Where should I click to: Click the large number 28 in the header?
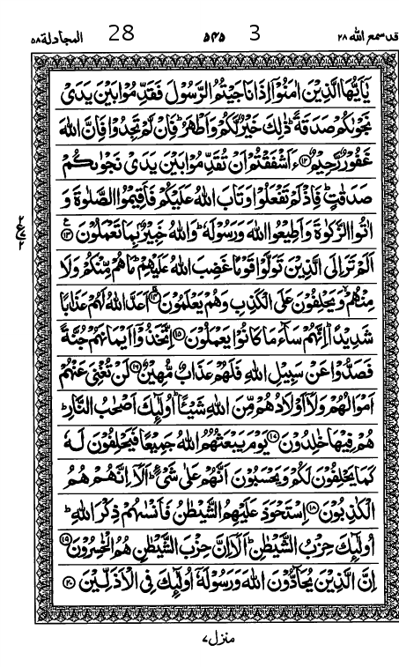(x=122, y=35)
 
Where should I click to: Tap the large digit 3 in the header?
(x=255, y=35)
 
